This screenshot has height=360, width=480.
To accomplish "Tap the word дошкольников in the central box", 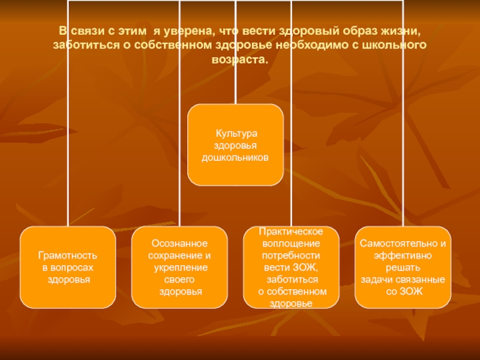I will (x=235, y=157).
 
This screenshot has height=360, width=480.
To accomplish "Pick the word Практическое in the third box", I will (x=291, y=231).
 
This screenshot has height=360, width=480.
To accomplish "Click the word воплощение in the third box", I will (x=291, y=243).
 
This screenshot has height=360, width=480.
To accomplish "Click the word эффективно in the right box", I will (x=403, y=255).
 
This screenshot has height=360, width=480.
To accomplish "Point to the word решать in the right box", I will (x=403, y=267).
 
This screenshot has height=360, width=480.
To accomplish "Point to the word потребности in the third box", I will (x=291, y=255).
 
